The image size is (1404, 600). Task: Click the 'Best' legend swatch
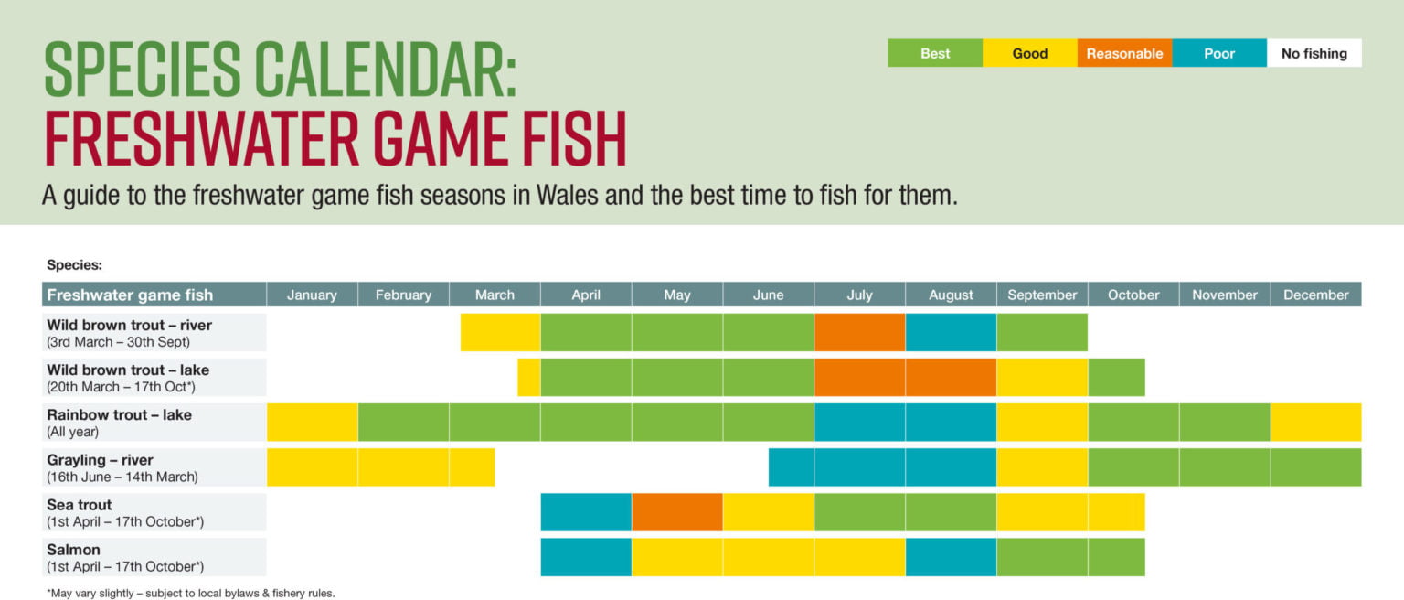pos(935,53)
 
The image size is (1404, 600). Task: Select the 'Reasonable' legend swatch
pos(1124,53)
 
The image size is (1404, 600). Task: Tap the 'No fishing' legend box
pos(1314,53)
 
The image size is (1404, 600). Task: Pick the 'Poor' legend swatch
pos(1219,53)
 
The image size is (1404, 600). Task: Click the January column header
pos(312,295)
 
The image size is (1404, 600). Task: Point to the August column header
pos(951,295)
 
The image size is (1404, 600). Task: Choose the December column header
pos(1315,295)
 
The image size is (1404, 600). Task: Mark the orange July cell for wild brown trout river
pos(859,332)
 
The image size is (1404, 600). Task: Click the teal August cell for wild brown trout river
pos(951,332)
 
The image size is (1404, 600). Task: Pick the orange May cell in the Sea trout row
pos(676,512)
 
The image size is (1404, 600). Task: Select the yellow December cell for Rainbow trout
pos(1315,423)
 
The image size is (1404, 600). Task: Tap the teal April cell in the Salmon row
pos(586,557)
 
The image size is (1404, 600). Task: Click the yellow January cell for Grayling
pos(312,467)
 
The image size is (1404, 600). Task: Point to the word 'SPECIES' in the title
pos(143,71)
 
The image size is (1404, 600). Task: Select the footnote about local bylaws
pos(191,593)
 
